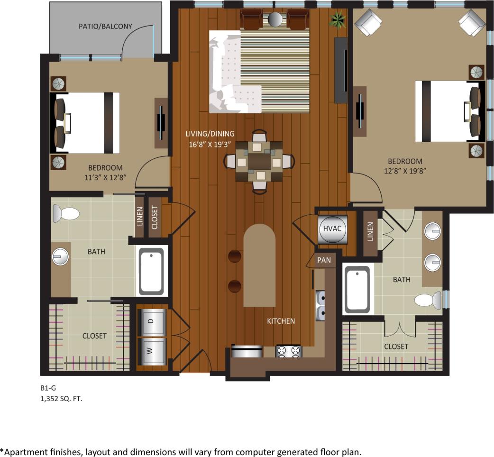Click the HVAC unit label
[x=332, y=228]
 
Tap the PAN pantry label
[x=324, y=260]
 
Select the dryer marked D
[x=151, y=321]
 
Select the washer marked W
[x=151, y=351]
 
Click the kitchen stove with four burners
[x=289, y=351]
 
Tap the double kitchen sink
[x=320, y=306]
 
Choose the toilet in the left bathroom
[x=65, y=213]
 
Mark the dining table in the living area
[x=259, y=162]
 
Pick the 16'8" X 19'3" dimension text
[x=210, y=145]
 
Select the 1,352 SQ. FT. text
[x=61, y=399]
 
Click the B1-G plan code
[x=48, y=388]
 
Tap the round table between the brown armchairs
[x=275, y=19]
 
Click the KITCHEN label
[x=281, y=321]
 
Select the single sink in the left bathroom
[x=60, y=257]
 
